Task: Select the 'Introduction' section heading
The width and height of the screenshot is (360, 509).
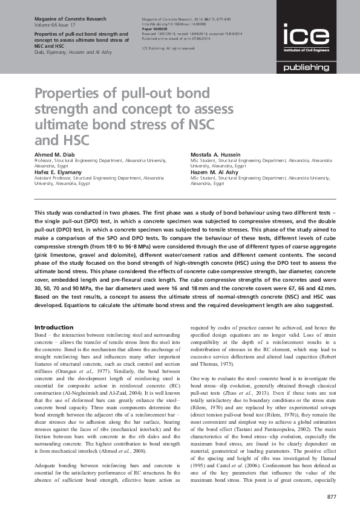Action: [x=54, y=327]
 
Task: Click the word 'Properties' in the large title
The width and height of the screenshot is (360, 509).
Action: [x=70, y=94]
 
